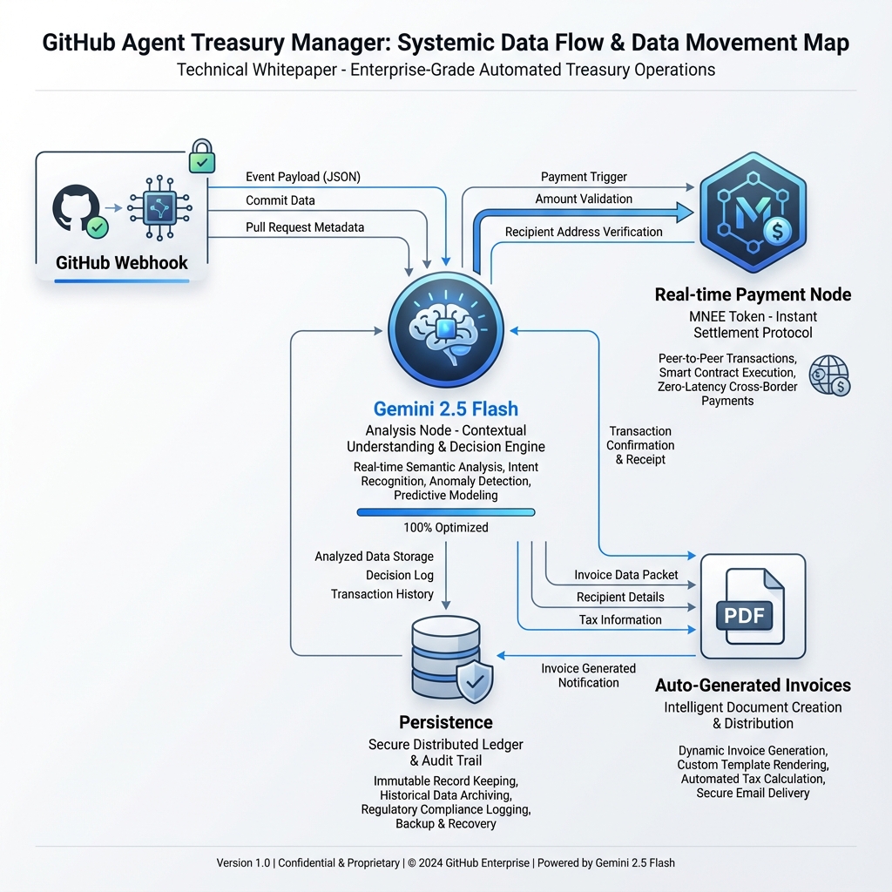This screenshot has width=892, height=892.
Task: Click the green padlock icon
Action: point(202,156)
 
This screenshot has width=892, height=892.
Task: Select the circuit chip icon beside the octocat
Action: point(160,208)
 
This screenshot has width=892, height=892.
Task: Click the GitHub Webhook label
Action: point(122,263)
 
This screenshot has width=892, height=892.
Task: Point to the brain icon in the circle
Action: point(446,329)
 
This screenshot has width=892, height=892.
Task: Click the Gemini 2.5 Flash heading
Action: point(446,409)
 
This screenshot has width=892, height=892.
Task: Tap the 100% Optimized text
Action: point(446,527)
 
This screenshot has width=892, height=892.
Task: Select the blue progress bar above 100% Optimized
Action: point(446,512)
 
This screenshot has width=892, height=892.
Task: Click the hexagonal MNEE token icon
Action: point(753,213)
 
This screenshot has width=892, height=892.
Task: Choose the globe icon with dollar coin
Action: point(829,375)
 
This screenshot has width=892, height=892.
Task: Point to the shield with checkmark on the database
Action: point(475,681)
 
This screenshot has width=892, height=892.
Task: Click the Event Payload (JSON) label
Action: point(303,177)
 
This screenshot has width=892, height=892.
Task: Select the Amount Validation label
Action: point(584,199)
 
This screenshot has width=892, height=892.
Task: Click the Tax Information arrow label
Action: point(620,619)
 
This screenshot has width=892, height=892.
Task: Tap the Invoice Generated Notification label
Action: point(588,675)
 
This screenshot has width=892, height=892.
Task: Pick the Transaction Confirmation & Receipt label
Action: point(640,445)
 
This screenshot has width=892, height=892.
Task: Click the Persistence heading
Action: point(446,722)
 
